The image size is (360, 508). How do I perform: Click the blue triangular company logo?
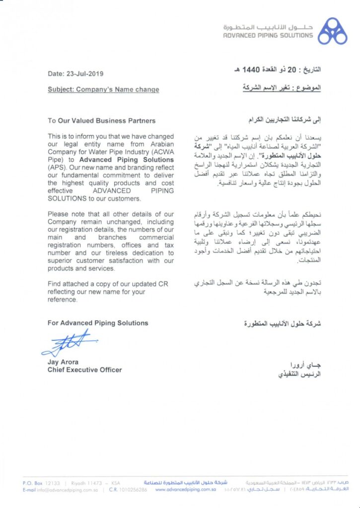tap(332, 31)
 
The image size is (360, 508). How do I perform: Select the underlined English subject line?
tap(103, 90)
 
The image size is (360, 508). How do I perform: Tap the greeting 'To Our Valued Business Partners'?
tap(101, 121)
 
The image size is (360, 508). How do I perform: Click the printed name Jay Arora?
tap(64, 362)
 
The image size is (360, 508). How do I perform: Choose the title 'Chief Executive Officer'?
tap(84, 370)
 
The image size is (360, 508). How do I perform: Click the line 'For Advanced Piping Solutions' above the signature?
tap(98, 323)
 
